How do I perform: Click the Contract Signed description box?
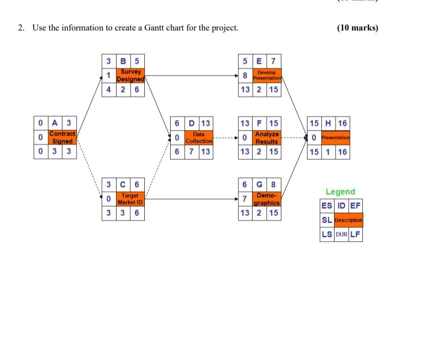tap(62, 137)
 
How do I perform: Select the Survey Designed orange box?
tap(131, 76)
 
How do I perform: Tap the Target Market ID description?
tap(131, 199)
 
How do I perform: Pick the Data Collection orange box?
tap(198, 137)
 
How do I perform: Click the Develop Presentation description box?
tap(267, 76)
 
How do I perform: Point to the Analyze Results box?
tap(267, 137)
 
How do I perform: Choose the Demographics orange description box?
tap(267, 199)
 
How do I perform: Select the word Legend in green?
tap(340, 192)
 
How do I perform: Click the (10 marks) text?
tap(357, 28)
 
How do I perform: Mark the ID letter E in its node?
tap(259, 61)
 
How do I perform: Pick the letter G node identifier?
tap(259, 185)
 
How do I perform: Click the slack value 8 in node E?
tap(245, 76)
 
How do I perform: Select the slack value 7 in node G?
tap(245, 199)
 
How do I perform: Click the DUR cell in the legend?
tap(341, 234)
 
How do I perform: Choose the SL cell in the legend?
tap(327, 220)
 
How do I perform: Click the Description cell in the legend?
tap(349, 220)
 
